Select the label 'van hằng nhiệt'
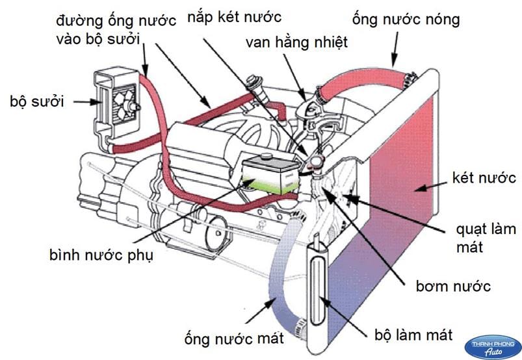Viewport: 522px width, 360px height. coord(297,43)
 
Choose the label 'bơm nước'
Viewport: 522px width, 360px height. coord(453,285)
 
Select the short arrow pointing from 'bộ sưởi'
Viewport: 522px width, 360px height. coord(83,101)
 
